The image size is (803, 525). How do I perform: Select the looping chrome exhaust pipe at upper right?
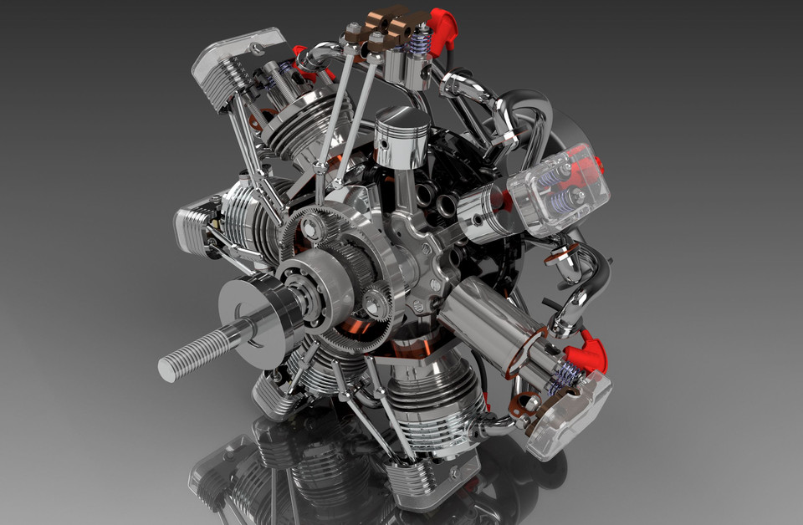(535, 125)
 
